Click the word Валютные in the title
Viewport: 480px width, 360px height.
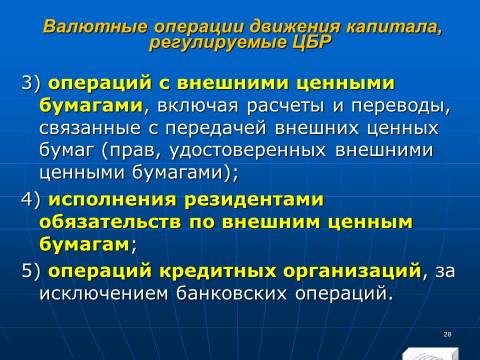tap(95, 26)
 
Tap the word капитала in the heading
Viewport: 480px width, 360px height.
tap(394, 27)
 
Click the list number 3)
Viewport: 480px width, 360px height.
tap(31, 83)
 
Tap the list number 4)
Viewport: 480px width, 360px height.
tap(31, 200)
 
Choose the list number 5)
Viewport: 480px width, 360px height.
tap(31, 270)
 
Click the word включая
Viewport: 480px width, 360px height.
tap(198, 106)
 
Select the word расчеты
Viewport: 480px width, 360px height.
tap(286, 107)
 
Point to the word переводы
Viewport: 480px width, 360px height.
tap(398, 107)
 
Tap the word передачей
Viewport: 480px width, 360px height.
tap(216, 128)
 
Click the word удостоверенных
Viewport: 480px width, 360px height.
tap(248, 151)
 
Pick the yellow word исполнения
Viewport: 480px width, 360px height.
tap(112, 200)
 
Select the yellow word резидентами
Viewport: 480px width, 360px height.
tap(254, 200)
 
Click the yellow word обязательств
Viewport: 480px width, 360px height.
tap(110, 222)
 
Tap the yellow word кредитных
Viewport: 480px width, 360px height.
tap(218, 271)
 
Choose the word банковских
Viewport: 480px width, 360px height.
tap(231, 293)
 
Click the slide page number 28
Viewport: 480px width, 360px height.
tap(447, 334)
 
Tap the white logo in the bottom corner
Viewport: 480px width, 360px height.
tap(430, 354)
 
